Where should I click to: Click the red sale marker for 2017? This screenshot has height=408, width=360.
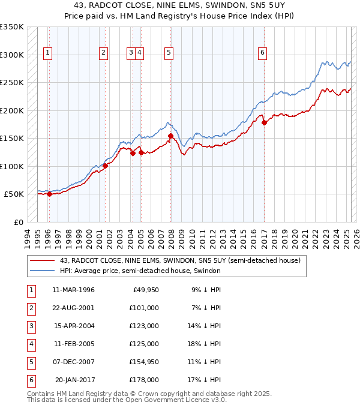point(264,122)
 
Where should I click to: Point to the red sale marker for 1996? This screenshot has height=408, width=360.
point(49,194)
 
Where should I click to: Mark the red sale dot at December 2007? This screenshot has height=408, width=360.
point(170,136)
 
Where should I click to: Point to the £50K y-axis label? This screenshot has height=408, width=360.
point(14,194)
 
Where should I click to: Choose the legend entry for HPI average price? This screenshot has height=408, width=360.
point(140,271)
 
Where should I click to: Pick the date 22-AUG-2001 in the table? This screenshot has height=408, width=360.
point(73,308)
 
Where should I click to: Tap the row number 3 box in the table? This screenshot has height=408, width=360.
point(29,326)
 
